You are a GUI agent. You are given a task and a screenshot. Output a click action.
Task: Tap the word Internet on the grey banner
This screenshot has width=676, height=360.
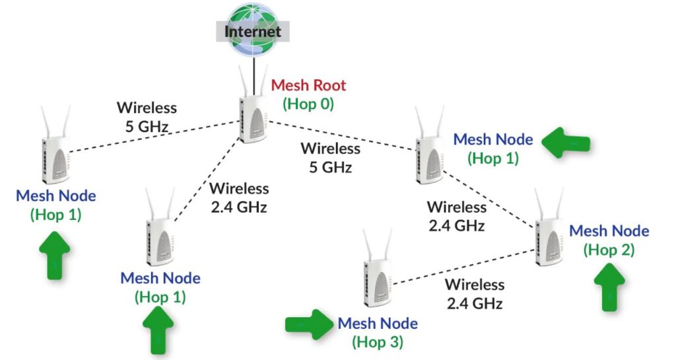(x=252, y=32)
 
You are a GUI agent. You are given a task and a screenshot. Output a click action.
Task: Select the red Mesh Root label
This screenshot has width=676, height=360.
(x=309, y=85)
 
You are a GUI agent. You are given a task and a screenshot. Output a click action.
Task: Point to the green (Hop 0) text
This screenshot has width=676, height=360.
(x=309, y=104)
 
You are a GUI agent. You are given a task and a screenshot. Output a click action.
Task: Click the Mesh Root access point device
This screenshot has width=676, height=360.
(x=252, y=119)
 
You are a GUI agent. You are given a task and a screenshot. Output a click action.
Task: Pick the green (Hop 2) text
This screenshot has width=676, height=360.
(x=609, y=250)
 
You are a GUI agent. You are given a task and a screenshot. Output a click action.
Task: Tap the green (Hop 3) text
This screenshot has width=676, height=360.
(x=377, y=342)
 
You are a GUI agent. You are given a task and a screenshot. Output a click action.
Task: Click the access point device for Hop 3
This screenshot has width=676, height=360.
(x=378, y=281)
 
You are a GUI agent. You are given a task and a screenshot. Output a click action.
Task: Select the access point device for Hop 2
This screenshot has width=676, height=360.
(x=549, y=234)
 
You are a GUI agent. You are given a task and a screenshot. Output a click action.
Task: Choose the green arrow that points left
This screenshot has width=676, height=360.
(x=566, y=141)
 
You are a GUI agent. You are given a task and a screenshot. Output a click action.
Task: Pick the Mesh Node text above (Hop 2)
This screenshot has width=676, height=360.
(x=609, y=231)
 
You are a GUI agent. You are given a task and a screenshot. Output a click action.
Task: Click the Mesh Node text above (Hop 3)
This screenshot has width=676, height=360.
(x=378, y=324)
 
